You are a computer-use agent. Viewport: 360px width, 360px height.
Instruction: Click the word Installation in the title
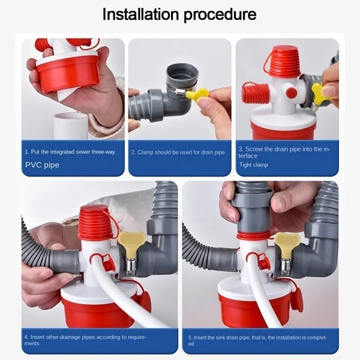(x=140, y=14)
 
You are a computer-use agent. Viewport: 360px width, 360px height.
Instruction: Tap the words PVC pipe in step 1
(x=42, y=165)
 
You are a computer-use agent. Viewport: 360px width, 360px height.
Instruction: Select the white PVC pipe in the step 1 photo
(x=71, y=126)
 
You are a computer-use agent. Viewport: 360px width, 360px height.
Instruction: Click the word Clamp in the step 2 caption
(x=145, y=152)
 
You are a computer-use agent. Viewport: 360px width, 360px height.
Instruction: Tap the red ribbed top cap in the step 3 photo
(x=284, y=62)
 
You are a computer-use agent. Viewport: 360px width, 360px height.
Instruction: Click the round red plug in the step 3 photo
(x=292, y=93)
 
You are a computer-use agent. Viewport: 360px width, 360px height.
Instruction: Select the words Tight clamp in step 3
(x=253, y=165)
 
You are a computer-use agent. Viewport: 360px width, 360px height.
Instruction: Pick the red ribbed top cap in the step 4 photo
(x=95, y=223)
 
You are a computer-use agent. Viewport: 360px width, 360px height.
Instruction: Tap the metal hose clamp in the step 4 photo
(x=130, y=267)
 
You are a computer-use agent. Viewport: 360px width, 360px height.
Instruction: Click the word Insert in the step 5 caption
(x=200, y=338)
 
